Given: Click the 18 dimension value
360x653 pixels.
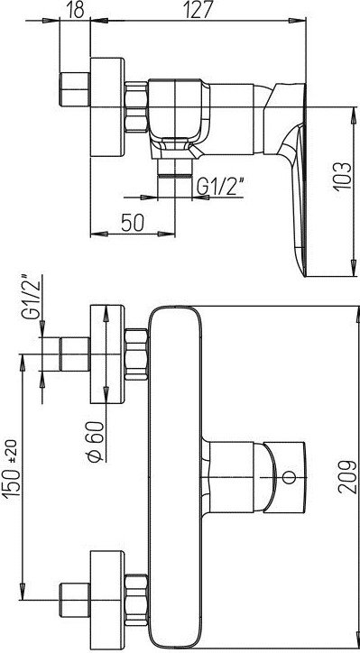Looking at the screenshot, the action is tap(75, 10).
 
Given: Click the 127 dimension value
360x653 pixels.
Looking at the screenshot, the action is tap(198, 10).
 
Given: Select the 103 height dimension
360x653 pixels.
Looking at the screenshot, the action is tap(342, 176).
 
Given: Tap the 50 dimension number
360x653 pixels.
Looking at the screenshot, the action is tap(133, 223).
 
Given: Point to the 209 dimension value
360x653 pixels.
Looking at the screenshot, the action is tap(346, 476).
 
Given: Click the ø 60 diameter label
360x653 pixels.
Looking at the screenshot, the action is tap(96, 441).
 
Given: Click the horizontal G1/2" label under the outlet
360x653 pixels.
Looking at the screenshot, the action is tap(220, 186).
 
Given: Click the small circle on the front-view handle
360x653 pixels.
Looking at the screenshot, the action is tap(289, 477).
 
